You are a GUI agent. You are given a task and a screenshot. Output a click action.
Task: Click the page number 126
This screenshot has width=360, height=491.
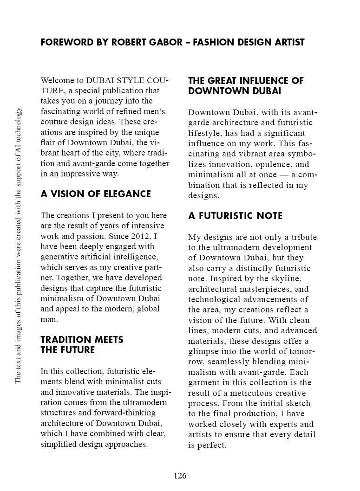coord(180,476)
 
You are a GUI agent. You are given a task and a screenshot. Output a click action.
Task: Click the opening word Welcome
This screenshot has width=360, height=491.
coord(55,80)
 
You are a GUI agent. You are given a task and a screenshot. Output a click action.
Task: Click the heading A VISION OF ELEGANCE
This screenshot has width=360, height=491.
coord(96,194)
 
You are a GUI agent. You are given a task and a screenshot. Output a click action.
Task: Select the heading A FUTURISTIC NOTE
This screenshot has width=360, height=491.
coord(235,216)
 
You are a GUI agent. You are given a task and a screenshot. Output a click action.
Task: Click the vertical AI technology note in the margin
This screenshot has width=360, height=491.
coord(19,245)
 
